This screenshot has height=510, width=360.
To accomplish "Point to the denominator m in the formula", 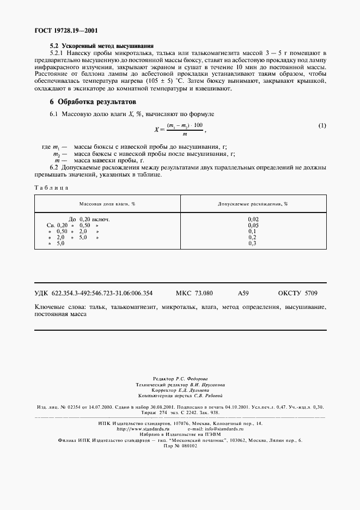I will pos(185,134).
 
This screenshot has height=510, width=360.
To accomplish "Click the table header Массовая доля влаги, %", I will pos(107,203).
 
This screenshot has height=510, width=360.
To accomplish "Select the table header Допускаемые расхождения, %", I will pos(252,203).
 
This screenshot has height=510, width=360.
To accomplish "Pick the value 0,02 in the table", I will pos(252,218).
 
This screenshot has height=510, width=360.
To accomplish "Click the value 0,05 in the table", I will pos(252,224).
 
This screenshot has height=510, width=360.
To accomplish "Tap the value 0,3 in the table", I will pos(252,243).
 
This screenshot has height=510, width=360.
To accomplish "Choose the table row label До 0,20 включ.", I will pos(89,218).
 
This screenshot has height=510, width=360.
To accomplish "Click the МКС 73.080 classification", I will pos(194,293).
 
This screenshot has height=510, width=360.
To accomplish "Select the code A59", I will pos(243,293).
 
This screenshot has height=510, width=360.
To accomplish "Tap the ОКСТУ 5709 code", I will pos(297,293).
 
